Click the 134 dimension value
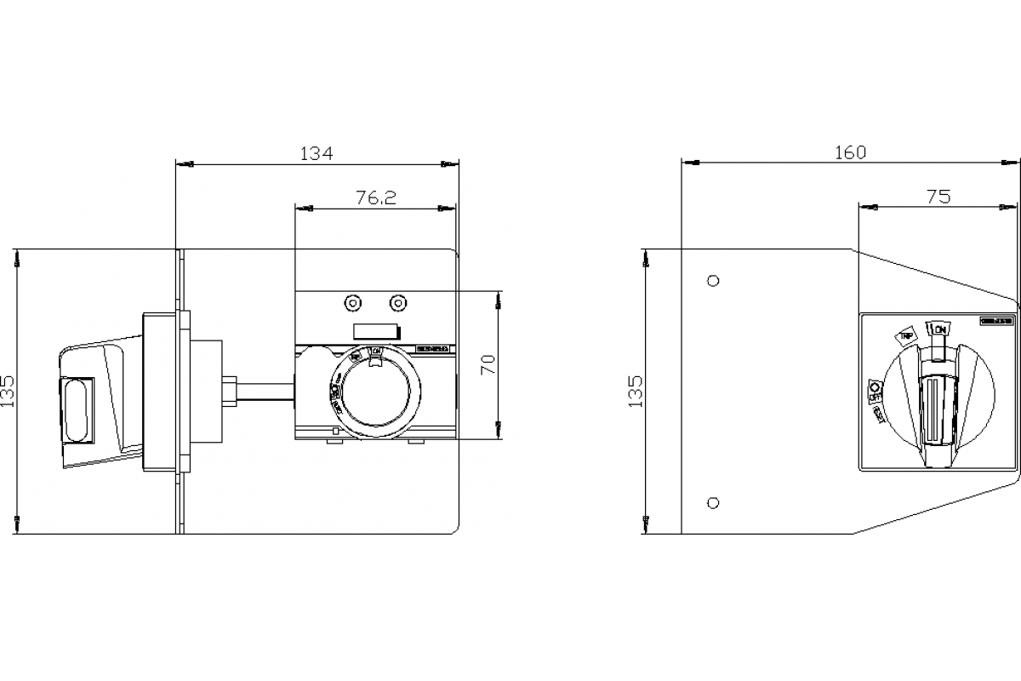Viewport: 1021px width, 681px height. (x=317, y=153)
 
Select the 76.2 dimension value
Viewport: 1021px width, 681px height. (x=376, y=197)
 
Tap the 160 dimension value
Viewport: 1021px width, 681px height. (x=849, y=152)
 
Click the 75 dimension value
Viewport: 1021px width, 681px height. (x=938, y=197)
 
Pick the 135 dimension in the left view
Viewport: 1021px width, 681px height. (x=8, y=392)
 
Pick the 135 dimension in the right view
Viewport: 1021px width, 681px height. (x=636, y=392)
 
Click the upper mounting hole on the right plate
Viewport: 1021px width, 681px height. (x=714, y=280)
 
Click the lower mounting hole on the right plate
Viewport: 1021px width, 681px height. (x=714, y=502)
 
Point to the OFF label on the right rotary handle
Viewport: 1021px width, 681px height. (x=874, y=392)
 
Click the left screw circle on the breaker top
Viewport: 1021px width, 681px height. (x=351, y=303)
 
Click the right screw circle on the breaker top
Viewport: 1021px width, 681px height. (x=396, y=303)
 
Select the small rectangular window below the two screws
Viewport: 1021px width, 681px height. (x=375, y=332)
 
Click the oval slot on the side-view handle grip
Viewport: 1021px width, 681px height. (x=75, y=409)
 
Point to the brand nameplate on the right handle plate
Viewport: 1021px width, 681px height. (x=995, y=321)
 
